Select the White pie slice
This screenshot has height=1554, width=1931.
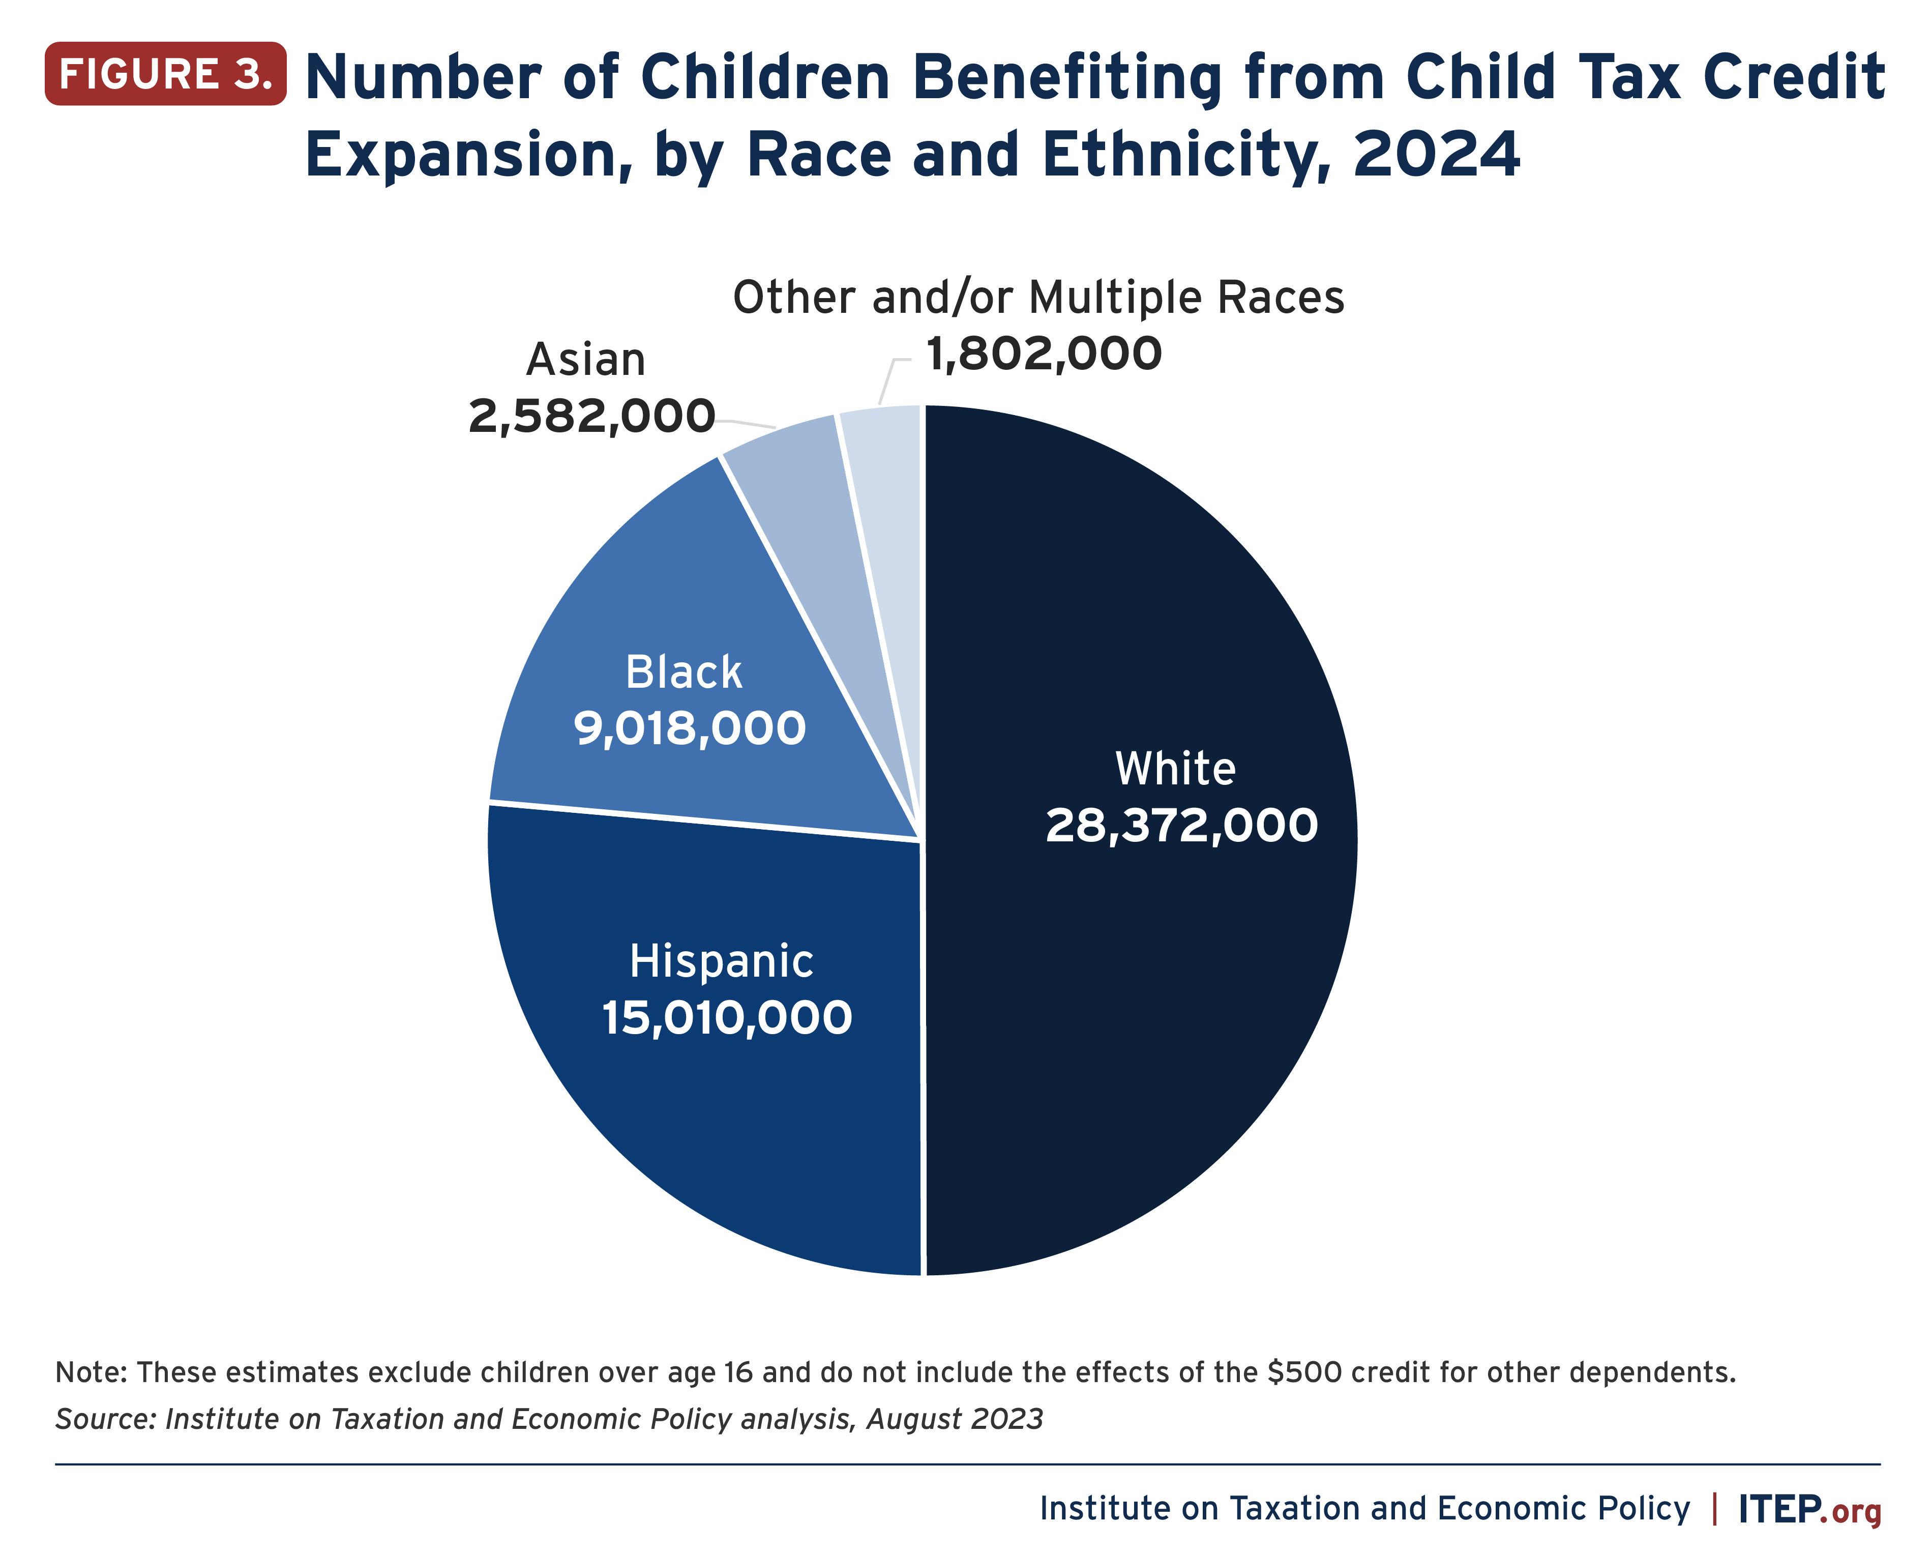pyautogui.click(x=1164, y=985)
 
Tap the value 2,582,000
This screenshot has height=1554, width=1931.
pyautogui.click(x=591, y=416)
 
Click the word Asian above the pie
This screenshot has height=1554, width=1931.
pyautogui.click(x=586, y=360)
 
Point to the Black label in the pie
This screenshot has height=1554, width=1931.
pyautogui.click(x=684, y=672)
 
